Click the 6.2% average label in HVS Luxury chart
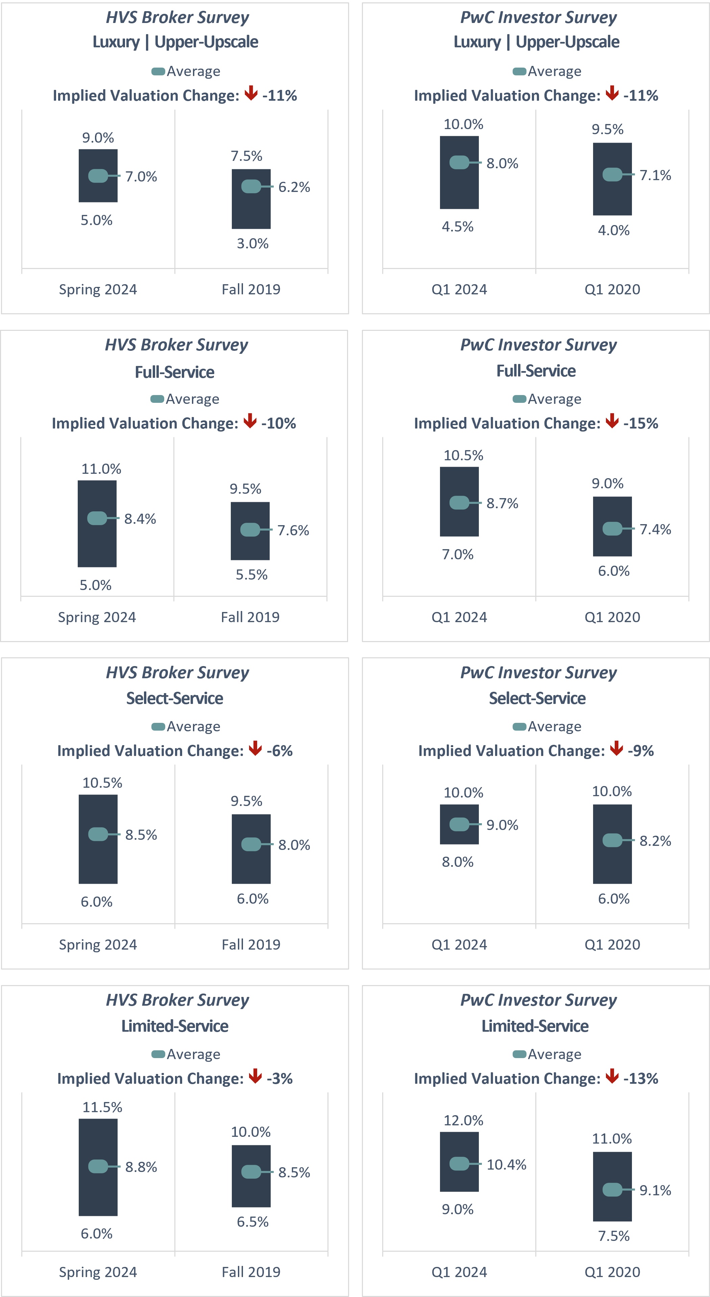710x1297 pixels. coord(294,187)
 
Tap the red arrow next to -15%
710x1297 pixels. coord(612,421)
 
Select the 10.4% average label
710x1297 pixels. coord(506,1165)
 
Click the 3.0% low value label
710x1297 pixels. coord(253,244)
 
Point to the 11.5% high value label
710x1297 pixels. coord(102,1107)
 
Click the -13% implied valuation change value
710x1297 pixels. coord(640,1078)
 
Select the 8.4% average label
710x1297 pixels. coord(140,519)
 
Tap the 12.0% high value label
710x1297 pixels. coord(463,1120)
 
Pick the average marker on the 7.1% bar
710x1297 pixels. coord(612,175)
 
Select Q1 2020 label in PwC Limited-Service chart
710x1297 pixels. coord(612,1272)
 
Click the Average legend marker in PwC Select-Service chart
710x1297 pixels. coord(519,727)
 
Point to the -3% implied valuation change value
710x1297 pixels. coord(279,1078)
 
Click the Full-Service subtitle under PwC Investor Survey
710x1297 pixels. coord(536,371)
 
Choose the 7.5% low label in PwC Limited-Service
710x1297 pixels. coord(613,1236)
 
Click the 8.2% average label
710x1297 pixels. coord(655,841)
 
